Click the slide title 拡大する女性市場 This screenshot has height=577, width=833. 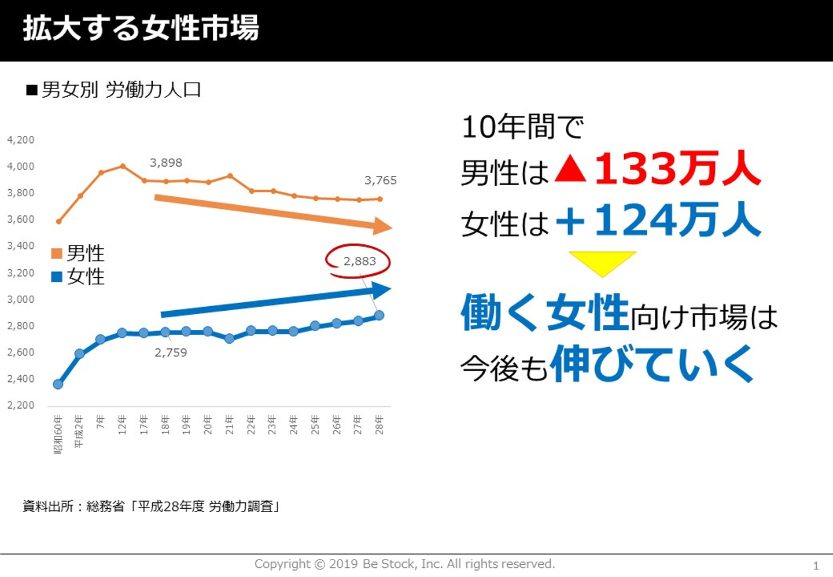point(141,29)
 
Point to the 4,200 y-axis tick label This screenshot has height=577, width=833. point(21,140)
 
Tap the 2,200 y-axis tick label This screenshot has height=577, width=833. point(21,405)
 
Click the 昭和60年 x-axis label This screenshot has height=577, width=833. point(58,434)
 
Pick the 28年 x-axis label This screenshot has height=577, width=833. point(379,425)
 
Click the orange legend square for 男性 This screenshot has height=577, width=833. point(57,253)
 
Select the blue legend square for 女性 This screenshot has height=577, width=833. point(57,277)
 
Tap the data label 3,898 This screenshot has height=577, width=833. point(166,163)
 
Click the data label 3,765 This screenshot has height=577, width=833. point(381,181)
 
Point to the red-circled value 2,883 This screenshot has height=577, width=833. point(359,262)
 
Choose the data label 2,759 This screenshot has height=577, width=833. point(171,353)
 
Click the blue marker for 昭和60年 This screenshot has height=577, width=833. point(58,384)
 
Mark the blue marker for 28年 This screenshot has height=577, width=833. point(379,315)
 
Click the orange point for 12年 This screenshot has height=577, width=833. point(123,167)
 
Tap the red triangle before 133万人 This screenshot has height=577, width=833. point(570,169)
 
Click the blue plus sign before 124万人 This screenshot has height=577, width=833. point(570,222)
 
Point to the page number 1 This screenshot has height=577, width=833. point(816,566)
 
